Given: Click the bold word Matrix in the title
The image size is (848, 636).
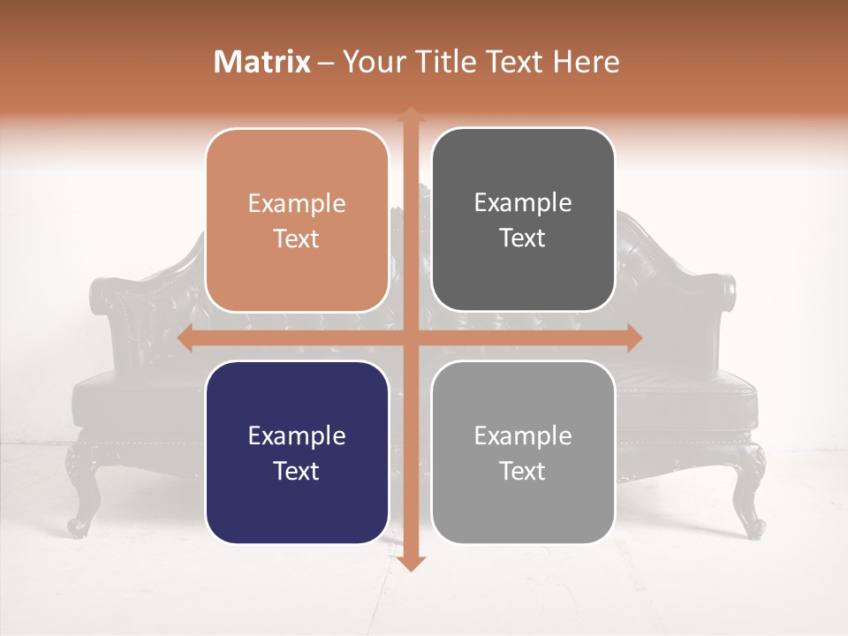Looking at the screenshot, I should (262, 62).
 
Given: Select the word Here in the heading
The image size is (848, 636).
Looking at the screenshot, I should (586, 62).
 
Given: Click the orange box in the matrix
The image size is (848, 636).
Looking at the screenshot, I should (297, 221).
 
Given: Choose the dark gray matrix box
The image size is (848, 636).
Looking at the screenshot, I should (523, 220).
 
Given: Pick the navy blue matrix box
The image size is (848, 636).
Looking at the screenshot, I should (297, 452).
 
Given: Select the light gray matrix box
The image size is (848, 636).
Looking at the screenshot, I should (523, 452).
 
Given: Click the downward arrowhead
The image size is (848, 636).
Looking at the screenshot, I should (410, 563).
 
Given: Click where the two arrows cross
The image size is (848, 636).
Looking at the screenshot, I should (410, 337).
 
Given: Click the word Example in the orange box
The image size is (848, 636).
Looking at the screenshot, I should (297, 204).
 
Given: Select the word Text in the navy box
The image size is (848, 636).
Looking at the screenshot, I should (297, 471).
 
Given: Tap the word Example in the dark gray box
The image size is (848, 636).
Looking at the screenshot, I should (523, 203).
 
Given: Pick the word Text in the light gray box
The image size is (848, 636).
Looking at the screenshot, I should (523, 471).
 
